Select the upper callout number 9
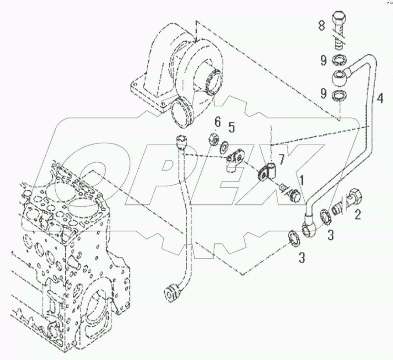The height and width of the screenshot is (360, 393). click(x=323, y=60)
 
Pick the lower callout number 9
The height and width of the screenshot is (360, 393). click(x=323, y=94)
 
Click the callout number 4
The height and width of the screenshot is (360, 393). click(x=380, y=98)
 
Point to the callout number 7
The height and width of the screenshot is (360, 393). click(x=281, y=160)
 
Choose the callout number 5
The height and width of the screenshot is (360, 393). click(x=231, y=127)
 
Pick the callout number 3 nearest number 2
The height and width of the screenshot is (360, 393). click(x=331, y=235)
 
